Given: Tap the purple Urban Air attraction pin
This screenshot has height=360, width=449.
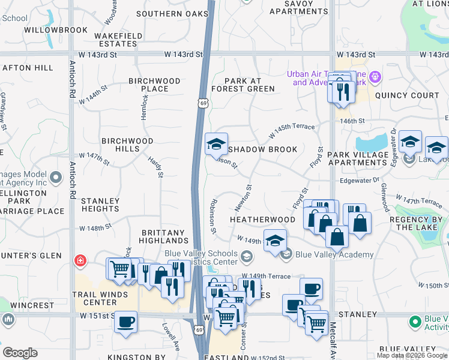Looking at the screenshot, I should point(376,77).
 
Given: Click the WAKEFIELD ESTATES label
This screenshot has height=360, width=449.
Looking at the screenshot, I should point(118,40).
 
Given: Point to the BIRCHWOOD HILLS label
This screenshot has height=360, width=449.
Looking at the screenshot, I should point(127,145).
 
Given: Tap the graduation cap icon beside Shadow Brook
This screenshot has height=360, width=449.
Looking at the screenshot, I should point(216,144).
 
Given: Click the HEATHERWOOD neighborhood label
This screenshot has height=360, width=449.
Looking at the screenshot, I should point(263,220).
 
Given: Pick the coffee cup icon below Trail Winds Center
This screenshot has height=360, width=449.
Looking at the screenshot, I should point(125,321).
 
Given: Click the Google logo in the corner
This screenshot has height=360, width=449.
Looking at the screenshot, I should point(20,353).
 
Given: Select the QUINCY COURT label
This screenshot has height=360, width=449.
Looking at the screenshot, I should point(407,95).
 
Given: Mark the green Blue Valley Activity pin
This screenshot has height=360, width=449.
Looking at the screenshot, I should point(415,322).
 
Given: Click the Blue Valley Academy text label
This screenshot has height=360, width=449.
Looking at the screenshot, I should point(334,254).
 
